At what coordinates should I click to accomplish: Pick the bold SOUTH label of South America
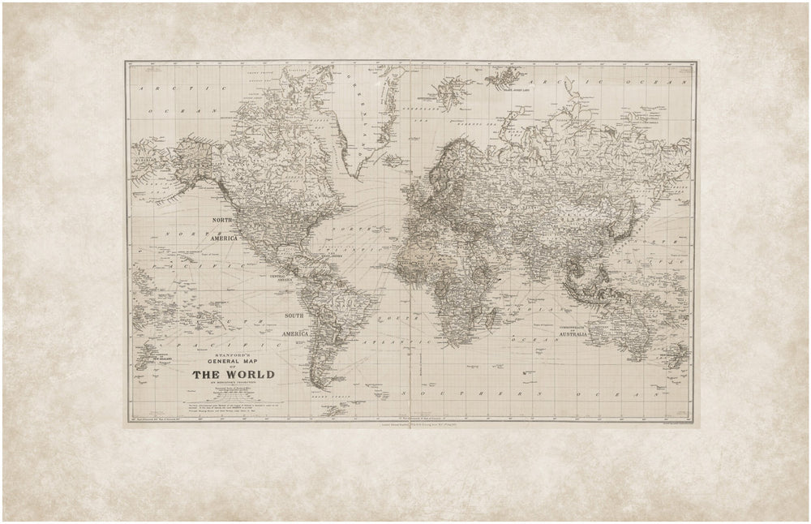click(293, 314)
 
